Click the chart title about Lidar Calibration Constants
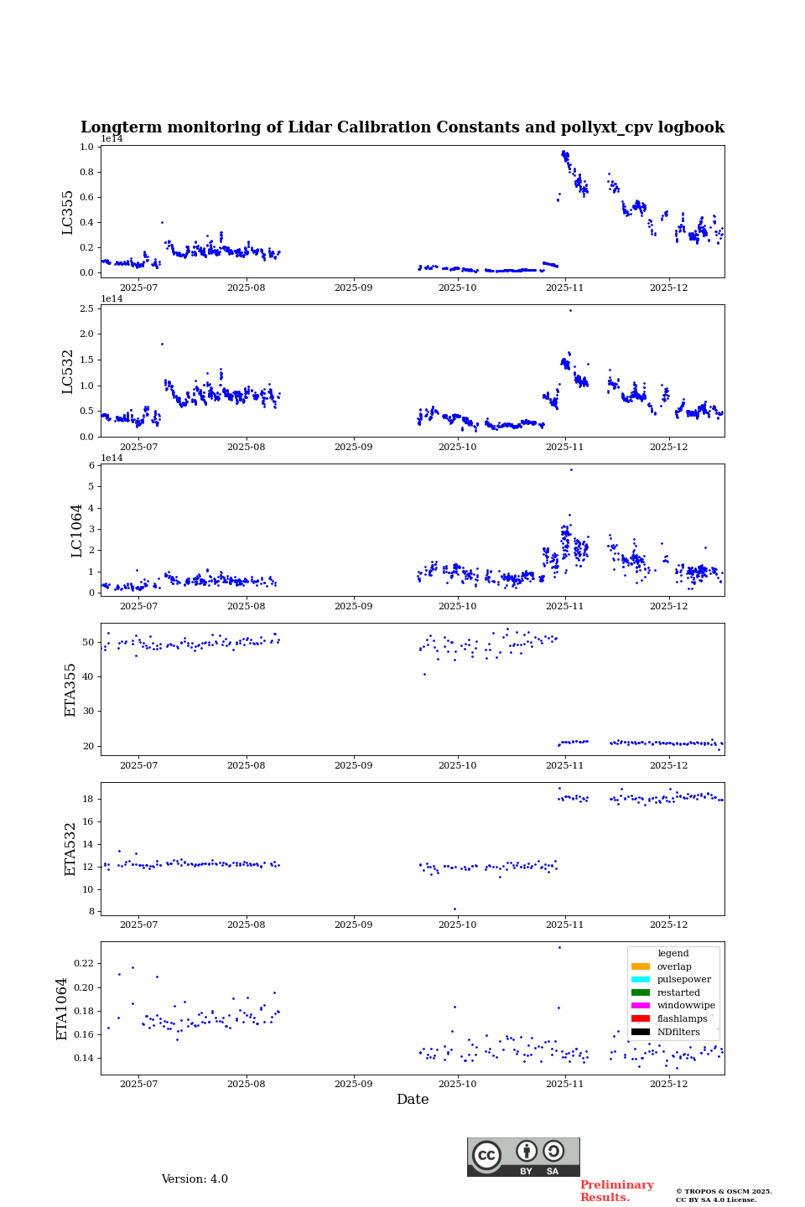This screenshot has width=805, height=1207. pos(402,127)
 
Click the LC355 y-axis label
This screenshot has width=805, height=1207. pos(68,212)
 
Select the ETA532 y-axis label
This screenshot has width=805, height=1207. pos(70,848)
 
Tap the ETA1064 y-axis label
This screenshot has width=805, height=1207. pos(62,1008)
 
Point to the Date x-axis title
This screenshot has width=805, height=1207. pos(413,1100)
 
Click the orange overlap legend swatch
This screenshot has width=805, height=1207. pos(641,966)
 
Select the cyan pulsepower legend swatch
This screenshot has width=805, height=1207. pos(641,979)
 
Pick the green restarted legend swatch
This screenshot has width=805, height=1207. pos(641,992)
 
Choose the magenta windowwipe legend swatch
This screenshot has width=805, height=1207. pos(641,1005)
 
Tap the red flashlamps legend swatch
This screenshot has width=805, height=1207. pos(641,1018)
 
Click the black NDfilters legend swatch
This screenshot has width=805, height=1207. pos(641,1032)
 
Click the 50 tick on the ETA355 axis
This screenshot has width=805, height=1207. pos(88,642)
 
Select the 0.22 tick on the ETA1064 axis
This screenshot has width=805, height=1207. pos(82,964)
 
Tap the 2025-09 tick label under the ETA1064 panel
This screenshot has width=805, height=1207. pos(353,1085)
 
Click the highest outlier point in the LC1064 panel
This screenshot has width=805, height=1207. pos(571,469)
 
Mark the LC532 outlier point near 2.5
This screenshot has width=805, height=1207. pos(570,310)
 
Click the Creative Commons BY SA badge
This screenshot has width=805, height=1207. pos(523,1157)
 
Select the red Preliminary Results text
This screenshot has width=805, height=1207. pos(616,1191)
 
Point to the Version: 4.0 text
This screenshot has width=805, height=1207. pos(195,1179)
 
